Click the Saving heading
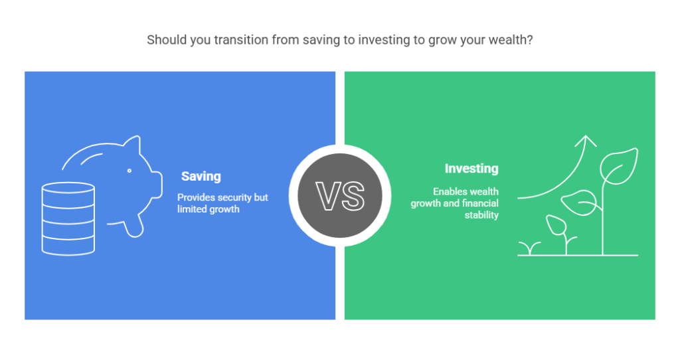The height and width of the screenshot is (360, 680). pos(201,177)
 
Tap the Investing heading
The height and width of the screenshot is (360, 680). pos(471,169)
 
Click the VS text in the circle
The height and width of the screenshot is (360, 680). pos(340,197)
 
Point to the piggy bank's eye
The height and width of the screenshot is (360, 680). pos(129,171)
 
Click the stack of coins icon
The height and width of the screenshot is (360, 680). pos(68,219)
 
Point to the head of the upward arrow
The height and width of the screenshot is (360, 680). pos(586,140)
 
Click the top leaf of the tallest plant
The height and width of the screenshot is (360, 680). pos(620,166)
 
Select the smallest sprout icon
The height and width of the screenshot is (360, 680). pos(529,248)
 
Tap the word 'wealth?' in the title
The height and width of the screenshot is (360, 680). pos(511,40)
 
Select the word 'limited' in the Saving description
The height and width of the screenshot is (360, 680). pos(191,209)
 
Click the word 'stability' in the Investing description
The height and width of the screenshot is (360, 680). pos(481,215)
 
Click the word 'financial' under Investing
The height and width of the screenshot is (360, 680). pos(480,203)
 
